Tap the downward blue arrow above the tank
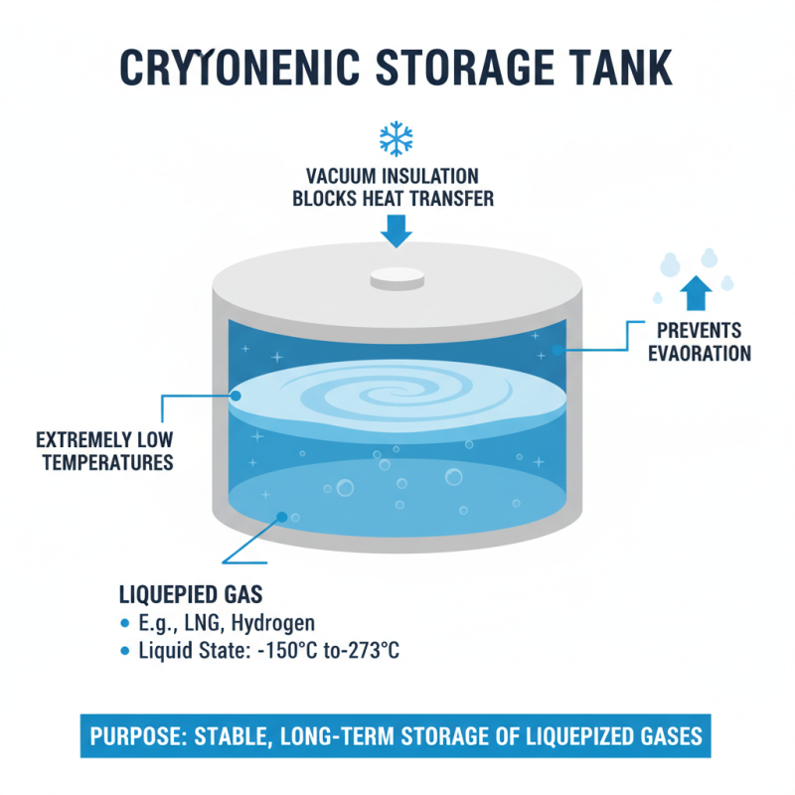(397, 231)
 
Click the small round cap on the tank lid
(397, 279)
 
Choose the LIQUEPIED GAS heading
(190, 595)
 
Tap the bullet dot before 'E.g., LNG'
(124, 624)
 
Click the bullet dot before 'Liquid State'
(124, 652)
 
